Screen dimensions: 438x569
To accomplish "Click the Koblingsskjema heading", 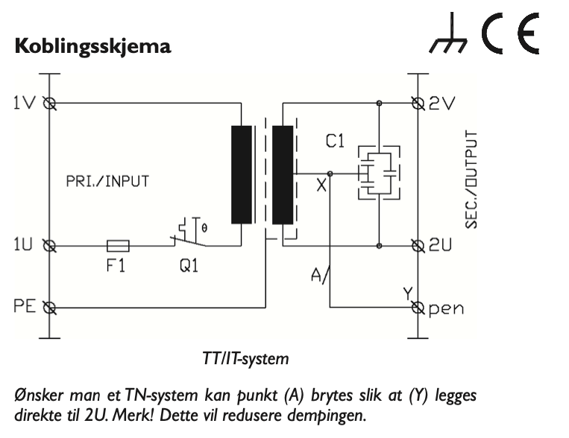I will click(x=93, y=47).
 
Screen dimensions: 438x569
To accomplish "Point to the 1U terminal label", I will click(x=24, y=244).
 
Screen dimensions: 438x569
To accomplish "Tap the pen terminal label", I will click(x=447, y=308).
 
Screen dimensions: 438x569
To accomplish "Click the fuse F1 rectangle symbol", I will click(x=118, y=244).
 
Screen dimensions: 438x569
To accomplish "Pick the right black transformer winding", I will click(x=283, y=175).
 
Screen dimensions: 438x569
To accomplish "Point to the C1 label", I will click(x=335, y=140).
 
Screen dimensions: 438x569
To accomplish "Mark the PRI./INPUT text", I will click(x=106, y=181).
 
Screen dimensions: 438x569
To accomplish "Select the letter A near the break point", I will click(x=315, y=276).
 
